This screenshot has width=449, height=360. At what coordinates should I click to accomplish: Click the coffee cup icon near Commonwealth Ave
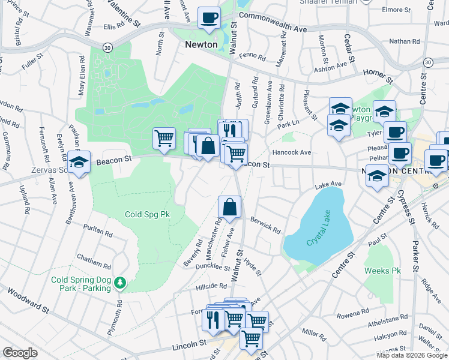209,18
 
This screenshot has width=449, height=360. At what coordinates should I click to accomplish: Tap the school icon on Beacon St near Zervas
79,162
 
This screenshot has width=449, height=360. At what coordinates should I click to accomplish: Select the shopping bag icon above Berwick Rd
229,208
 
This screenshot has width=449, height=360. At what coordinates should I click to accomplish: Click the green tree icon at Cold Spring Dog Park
120,282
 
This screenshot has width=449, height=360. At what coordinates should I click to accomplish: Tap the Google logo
20,353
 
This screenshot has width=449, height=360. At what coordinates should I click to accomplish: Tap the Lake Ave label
328,184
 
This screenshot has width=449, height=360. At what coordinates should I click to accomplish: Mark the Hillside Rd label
210,287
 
